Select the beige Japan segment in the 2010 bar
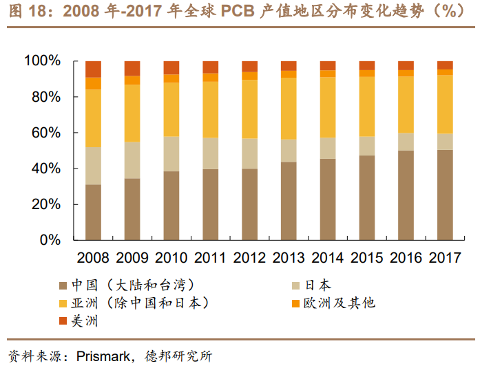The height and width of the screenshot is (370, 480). point(171,153)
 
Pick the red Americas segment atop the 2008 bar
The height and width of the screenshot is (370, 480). point(93,69)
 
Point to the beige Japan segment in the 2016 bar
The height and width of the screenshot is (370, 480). point(406,142)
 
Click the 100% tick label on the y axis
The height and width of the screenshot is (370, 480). point(43,61)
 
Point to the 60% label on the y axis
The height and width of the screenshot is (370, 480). point(46,133)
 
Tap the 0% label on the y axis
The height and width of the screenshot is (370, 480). point(50,240)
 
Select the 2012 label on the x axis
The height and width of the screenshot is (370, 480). point(249,258)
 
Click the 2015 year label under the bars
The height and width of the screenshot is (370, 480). point(367,258)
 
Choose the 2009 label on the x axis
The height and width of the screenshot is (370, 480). point(132,258)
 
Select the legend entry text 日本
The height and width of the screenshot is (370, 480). point(317,285)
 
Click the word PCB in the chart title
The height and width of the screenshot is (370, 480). point(240,12)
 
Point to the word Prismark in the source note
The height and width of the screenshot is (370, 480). point(102,356)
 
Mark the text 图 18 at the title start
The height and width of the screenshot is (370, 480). point(23,12)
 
